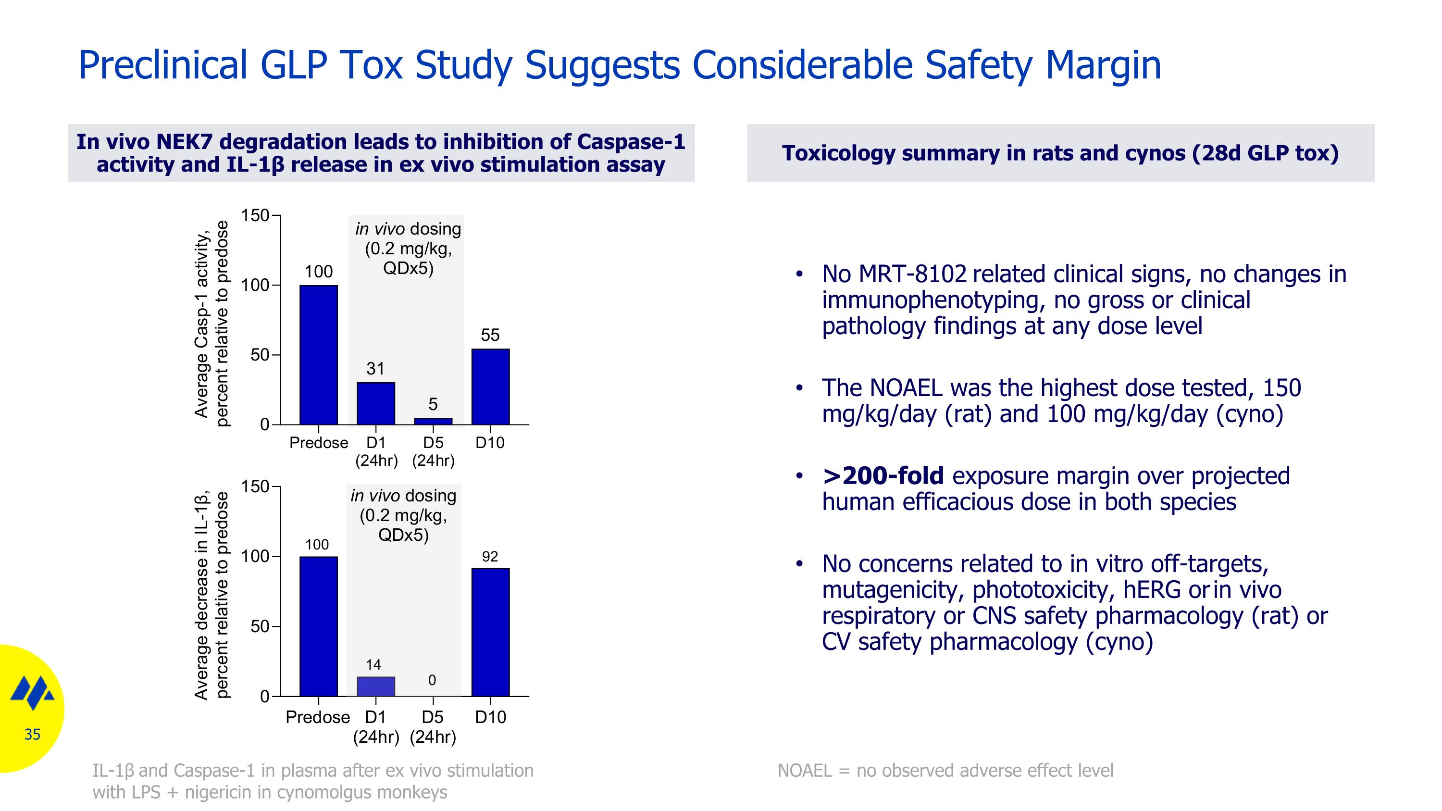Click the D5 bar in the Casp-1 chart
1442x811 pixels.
pyautogui.click(x=433, y=421)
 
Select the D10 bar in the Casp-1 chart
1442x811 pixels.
pyautogui.click(x=490, y=387)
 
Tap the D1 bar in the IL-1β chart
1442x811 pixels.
pyautogui.click(x=375, y=686)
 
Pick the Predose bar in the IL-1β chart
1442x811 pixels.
pyautogui.click(x=319, y=626)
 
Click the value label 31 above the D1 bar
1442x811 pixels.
pyautogui.click(x=375, y=369)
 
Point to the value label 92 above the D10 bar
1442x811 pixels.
pyautogui.click(x=490, y=556)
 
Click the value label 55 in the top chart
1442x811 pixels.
pyautogui.click(x=490, y=335)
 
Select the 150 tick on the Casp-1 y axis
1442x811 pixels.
pyautogui.click(x=255, y=215)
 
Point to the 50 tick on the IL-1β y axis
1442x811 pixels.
pyautogui.click(x=260, y=626)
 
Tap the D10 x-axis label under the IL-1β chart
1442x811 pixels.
pyautogui.click(x=490, y=717)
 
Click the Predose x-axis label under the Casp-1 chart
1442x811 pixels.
pyautogui.click(x=319, y=443)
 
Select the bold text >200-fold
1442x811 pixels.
pyautogui.click(x=883, y=476)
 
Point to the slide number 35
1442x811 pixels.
pyautogui.click(x=33, y=734)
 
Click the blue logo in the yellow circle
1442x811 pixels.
pyautogui.click(x=33, y=692)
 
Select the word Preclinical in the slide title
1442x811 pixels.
pyautogui.click(x=162, y=65)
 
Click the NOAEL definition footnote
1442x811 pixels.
pyautogui.click(x=945, y=771)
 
